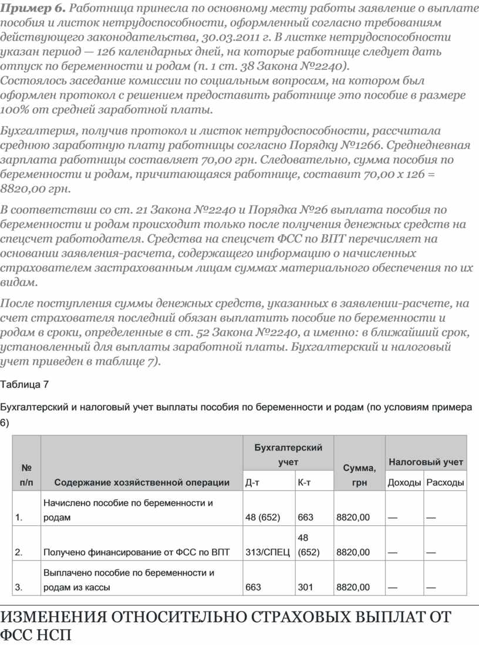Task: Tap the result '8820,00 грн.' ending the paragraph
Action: pyautogui.click(x=36, y=189)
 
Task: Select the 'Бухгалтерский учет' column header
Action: pyautogui.click(x=288, y=455)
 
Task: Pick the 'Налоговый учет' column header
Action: pyautogui.click(x=426, y=462)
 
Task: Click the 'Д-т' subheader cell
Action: pyautogui.click(x=252, y=483)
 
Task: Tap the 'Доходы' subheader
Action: pyautogui.click(x=404, y=483)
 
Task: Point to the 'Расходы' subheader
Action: pyautogui.click(x=446, y=483)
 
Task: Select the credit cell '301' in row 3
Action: pyautogui.click(x=306, y=587)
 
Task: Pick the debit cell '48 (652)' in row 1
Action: pyautogui.click(x=262, y=518)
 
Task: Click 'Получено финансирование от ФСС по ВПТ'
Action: pyautogui.click(x=136, y=552)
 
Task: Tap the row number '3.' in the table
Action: pyautogui.click(x=19, y=587)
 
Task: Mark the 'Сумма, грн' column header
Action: pyautogui.click(x=359, y=475)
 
